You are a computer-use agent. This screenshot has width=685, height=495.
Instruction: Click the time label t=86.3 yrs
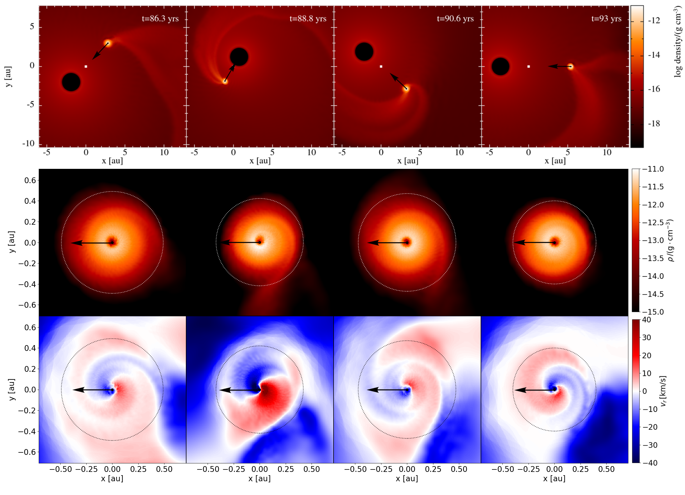tap(160, 19)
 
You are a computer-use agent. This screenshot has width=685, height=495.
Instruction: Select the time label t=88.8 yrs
tap(308, 19)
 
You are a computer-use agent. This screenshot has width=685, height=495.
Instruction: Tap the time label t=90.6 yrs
tap(455, 19)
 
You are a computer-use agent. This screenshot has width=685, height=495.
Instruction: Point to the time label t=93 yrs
tap(606, 19)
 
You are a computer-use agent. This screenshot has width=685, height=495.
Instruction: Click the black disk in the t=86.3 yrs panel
tap(71, 82)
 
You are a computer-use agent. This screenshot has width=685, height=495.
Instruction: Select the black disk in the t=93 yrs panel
tap(500, 67)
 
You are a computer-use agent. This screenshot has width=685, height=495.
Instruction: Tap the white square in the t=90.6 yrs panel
tap(381, 67)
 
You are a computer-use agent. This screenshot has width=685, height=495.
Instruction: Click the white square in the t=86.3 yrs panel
tap(86, 67)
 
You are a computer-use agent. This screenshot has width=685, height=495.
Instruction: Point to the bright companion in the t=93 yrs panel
tap(570, 67)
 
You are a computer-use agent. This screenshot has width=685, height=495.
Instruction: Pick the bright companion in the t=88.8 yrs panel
tap(225, 81)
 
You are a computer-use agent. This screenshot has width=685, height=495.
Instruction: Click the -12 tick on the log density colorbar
tap(654, 21)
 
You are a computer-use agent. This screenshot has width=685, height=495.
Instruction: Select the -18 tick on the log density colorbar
tap(654, 123)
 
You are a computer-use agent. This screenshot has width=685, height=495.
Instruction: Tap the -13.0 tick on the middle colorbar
tap(653, 240)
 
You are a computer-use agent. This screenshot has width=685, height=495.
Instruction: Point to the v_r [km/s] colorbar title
tap(664, 391)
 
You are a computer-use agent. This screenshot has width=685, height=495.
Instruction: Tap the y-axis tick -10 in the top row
tap(28, 143)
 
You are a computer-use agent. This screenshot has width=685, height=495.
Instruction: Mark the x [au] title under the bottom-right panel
tap(554, 479)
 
